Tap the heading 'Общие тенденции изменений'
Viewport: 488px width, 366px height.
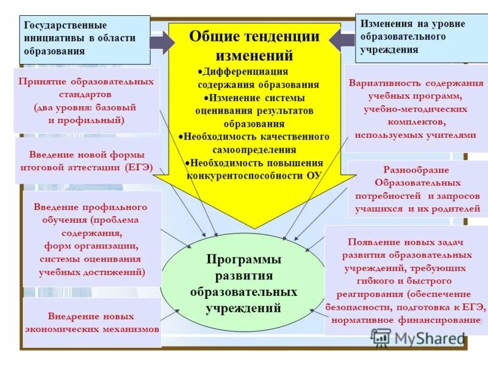tap(254, 46)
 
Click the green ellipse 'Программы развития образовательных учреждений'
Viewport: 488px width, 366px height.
tap(243, 284)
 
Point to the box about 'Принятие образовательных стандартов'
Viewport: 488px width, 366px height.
tap(86, 101)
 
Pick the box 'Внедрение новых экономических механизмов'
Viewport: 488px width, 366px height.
tap(92, 322)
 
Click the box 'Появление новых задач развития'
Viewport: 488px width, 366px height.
tap(406, 280)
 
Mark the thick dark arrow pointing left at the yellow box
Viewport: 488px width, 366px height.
tap(342, 40)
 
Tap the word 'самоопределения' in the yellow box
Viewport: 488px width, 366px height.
tap(255, 149)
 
